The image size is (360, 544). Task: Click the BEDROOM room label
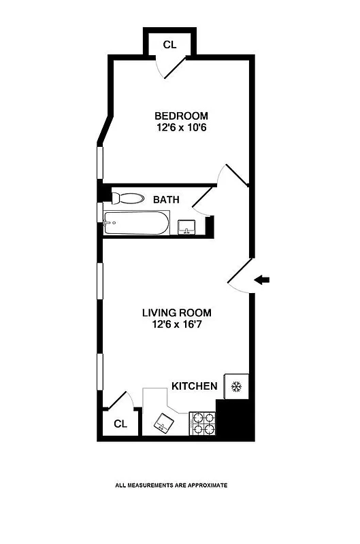tap(180, 116)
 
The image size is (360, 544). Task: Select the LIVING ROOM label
tap(176, 313)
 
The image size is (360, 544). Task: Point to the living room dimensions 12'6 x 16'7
tap(176, 325)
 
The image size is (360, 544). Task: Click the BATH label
tap(166, 199)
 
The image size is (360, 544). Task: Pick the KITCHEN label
tap(194, 386)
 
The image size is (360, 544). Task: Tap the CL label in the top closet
tap(169, 45)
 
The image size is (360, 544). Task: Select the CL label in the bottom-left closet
tap(120, 424)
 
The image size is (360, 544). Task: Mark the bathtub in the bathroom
tap(135, 223)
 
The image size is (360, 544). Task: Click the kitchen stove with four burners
tap(201, 423)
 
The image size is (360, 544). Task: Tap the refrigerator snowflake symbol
tap(237, 387)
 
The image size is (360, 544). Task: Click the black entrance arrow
tap(263, 279)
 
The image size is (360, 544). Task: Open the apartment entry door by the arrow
tap(238, 279)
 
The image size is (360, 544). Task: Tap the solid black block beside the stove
tap(233, 420)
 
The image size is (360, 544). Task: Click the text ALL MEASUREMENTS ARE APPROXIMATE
tap(171, 486)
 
